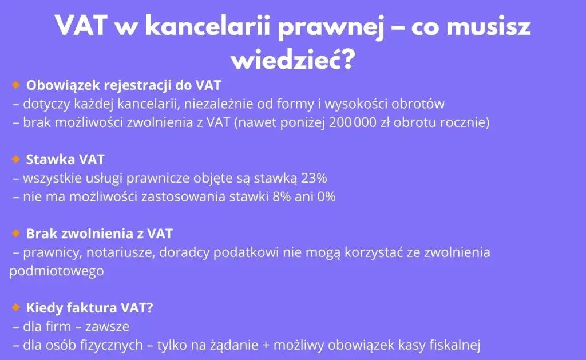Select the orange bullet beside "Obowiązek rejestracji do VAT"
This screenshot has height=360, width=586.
(x=16, y=85)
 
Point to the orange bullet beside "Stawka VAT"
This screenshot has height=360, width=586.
(x=16, y=159)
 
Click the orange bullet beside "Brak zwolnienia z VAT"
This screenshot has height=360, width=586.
(x=16, y=233)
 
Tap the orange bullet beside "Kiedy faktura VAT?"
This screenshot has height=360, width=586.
(x=16, y=307)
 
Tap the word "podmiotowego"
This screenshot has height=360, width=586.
(x=57, y=271)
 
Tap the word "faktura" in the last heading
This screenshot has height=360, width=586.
(x=92, y=307)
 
